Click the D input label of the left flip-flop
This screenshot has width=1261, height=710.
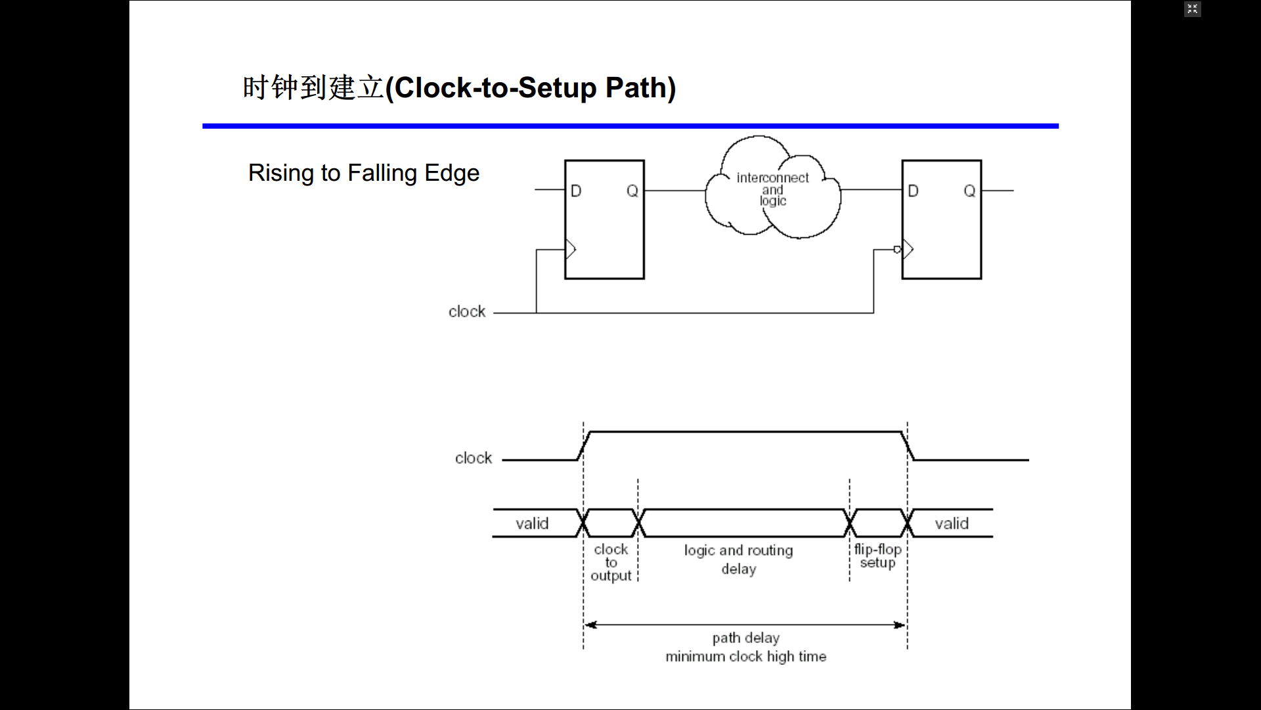(x=576, y=191)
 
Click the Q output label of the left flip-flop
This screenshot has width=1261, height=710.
(x=632, y=191)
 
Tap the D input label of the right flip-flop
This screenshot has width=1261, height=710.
(x=913, y=191)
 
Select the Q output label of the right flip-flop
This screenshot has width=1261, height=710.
(x=969, y=191)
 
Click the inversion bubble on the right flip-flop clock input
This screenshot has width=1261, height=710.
(x=898, y=249)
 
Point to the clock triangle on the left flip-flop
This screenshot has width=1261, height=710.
(x=570, y=249)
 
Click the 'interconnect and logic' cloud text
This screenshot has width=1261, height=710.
(x=772, y=189)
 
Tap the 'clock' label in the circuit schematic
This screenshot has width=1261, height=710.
(x=467, y=312)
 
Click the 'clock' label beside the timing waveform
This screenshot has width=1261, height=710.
(x=474, y=458)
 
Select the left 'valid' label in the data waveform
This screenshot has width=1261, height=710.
(x=532, y=524)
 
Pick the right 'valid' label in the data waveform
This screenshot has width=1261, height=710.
(x=952, y=524)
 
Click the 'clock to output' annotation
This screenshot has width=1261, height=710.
(x=611, y=562)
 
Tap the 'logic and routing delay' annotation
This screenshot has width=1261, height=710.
(x=739, y=559)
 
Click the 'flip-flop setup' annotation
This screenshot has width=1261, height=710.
(x=877, y=556)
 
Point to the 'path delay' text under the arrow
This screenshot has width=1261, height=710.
(x=746, y=638)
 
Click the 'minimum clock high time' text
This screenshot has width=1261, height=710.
(x=746, y=656)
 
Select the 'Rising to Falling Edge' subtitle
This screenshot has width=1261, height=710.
(x=364, y=173)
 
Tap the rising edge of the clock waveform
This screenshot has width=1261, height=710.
(x=584, y=446)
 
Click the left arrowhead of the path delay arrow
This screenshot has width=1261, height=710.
(x=590, y=625)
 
